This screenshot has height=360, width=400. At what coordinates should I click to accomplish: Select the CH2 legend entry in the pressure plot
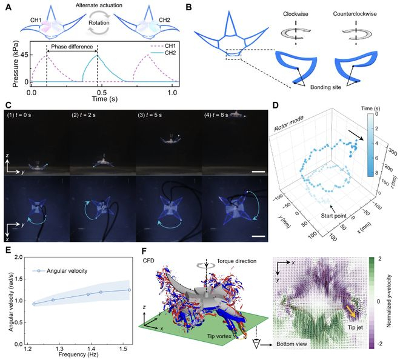pos(165,53)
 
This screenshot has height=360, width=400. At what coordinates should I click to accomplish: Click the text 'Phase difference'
pos(72,47)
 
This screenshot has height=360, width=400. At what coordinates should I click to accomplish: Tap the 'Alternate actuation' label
pos(99,5)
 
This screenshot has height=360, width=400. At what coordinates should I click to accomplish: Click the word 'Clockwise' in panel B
pos(295,14)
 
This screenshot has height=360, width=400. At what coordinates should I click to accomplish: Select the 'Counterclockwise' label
pos(355,14)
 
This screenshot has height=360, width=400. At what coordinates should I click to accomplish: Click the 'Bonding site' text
pos(325,87)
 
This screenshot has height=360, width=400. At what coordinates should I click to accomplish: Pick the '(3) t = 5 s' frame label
pos(150,115)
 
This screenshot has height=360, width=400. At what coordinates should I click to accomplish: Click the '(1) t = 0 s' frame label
pos(19,115)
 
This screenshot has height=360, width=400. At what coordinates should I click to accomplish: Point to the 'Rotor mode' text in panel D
pos(289,123)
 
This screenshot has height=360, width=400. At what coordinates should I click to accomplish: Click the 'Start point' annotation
pos(334,216)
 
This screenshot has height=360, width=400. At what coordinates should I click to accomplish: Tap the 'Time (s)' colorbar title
pos(371,108)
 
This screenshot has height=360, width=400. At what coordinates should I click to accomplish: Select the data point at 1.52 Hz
pos(129,290)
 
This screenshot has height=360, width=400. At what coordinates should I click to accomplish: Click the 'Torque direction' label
pos(236,261)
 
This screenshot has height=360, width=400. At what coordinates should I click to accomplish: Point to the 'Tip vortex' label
pos(219,336)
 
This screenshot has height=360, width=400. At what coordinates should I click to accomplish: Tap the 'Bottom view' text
pos(292,344)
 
